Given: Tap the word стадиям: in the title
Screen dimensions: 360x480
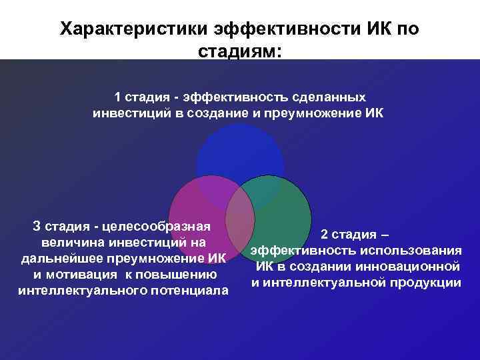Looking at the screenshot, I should point(240,51).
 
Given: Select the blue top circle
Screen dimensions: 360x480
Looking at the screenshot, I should point(240,150).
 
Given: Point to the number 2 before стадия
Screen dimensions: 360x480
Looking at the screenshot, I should point(324,235).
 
